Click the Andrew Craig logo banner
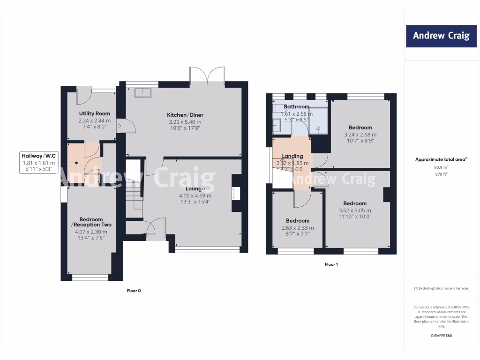441,36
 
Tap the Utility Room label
95,113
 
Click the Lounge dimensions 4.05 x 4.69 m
195,195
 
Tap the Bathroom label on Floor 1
296,107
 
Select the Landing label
292,156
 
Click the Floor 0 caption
134,291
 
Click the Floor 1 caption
331,264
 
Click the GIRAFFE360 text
441,336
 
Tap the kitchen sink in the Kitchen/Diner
142,92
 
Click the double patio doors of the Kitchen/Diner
207,76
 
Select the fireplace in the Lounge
236,194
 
